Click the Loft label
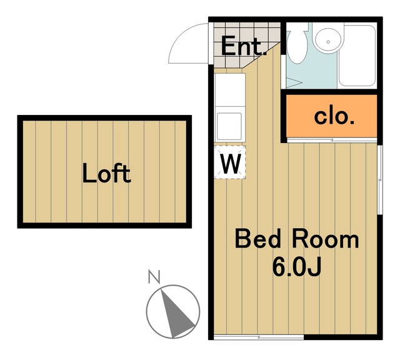[x=107, y=173]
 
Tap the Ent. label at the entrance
[x=244, y=46]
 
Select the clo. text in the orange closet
[x=334, y=117]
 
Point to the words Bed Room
[x=297, y=239]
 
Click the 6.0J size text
[x=297, y=267]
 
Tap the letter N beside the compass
[x=154, y=277]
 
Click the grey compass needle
[x=176, y=314]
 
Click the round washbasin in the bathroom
[x=328, y=40]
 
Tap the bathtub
[x=357, y=56]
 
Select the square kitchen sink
[x=229, y=126]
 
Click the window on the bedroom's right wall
[x=380, y=180]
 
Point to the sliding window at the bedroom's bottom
[x=259, y=337]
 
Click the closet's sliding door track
[x=332, y=140]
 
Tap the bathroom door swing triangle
[x=294, y=82]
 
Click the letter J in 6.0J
[x=314, y=267]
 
